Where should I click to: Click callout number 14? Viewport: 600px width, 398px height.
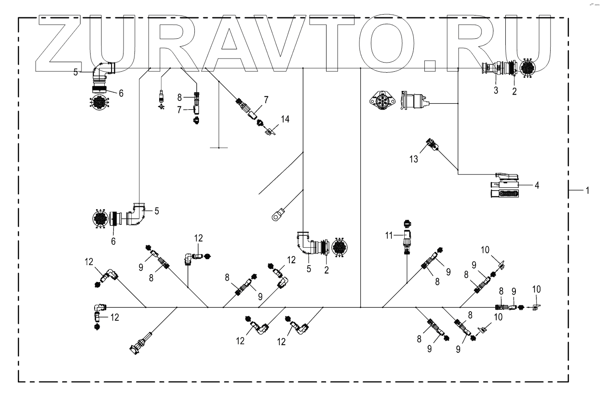285,119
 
